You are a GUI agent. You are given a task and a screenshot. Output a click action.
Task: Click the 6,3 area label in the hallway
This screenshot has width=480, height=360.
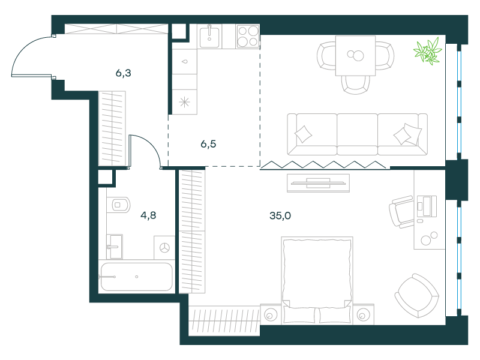click(124, 73)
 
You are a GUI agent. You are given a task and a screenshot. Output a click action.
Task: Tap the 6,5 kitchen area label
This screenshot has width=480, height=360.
click(208, 144)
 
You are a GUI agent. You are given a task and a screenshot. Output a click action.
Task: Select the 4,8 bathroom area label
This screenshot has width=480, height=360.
click(148, 215)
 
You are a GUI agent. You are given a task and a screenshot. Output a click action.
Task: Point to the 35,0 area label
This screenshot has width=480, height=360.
click(280, 216)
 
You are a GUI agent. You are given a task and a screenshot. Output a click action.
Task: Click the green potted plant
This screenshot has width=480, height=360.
click(428, 51)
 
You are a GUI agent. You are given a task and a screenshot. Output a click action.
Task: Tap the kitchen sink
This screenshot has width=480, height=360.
click(209, 37)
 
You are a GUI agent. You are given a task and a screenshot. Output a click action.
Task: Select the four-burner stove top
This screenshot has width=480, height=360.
click(248, 37)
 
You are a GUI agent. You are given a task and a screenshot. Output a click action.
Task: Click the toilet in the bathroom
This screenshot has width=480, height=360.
click(119, 205)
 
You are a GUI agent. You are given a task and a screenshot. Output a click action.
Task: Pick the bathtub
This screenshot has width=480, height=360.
click(137, 277)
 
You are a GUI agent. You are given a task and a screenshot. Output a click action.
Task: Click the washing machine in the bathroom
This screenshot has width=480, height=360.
click(164, 247)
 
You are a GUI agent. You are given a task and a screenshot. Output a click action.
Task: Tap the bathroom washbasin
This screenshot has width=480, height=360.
click(115, 247)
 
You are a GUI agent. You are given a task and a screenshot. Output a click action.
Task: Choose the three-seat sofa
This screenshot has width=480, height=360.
click(357, 134)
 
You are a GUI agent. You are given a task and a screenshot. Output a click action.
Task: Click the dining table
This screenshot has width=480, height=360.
click(355, 56)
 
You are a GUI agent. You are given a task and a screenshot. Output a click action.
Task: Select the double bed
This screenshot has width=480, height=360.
click(317, 280)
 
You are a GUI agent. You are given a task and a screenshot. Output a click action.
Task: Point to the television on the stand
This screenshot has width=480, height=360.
click(319, 183)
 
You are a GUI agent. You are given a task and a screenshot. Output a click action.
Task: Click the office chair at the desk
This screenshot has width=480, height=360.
click(401, 212)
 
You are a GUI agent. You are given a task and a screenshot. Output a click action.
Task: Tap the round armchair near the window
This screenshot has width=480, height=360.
click(416, 296)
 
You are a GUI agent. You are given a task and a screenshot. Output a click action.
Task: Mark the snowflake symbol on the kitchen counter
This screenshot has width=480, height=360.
click(184, 102)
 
